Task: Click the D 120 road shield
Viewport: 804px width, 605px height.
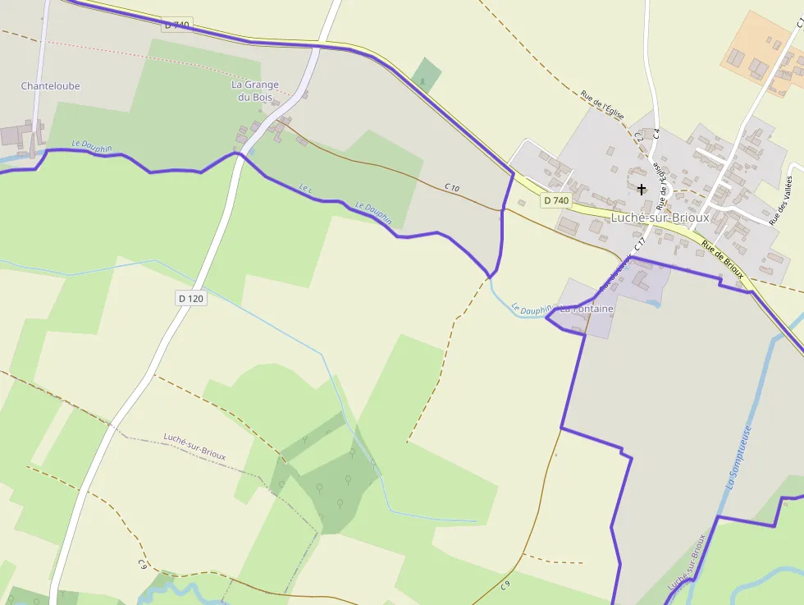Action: (190, 299)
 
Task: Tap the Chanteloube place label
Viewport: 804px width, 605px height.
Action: (50, 85)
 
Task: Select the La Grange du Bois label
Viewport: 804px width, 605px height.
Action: (254, 90)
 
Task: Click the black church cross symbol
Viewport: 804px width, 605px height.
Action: (642, 189)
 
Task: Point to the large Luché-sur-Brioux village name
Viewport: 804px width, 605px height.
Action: (660, 218)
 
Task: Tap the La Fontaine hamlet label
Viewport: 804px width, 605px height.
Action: (587, 309)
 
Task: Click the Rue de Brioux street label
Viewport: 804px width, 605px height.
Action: (722, 262)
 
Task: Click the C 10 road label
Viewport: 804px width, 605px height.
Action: (452, 188)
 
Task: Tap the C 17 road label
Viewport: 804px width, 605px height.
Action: (640, 244)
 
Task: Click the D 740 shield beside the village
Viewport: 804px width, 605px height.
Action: (555, 200)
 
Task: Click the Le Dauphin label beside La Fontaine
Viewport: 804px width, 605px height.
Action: (532, 309)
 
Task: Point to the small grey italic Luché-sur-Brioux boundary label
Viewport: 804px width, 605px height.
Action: (194, 446)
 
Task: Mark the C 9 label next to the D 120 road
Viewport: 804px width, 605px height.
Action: (143, 564)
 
